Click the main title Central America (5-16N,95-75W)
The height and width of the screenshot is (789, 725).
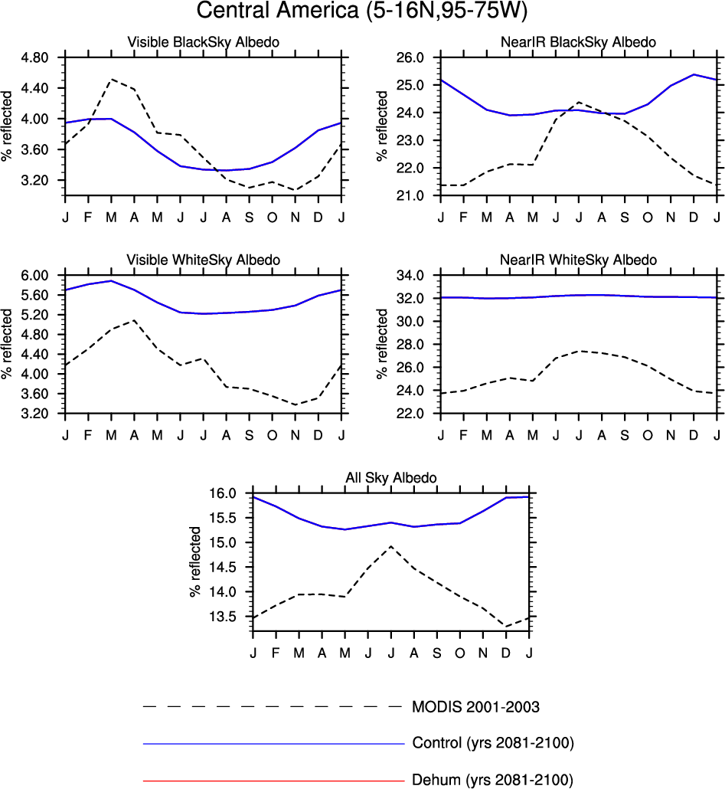pyautogui.click(x=362, y=12)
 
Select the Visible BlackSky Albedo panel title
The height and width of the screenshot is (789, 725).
pyautogui.click(x=203, y=42)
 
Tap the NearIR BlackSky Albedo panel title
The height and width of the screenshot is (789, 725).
pyautogui.click(x=580, y=42)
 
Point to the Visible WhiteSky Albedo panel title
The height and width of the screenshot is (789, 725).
pyautogui.click(x=203, y=260)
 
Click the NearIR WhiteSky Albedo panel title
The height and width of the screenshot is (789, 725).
pyautogui.click(x=580, y=260)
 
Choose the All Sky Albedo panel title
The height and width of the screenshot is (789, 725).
pyautogui.click(x=391, y=478)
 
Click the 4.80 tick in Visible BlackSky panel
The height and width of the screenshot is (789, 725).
pyautogui.click(x=35, y=57)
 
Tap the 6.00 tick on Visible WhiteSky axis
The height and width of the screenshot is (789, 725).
pyautogui.click(x=35, y=275)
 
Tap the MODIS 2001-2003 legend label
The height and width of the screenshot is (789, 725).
pyautogui.click(x=481, y=706)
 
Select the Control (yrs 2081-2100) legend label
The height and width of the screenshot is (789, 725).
pyautogui.click(x=493, y=743)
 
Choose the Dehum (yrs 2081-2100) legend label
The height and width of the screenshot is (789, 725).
pyautogui.click(x=492, y=781)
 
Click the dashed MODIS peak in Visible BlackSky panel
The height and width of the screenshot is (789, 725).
pyautogui.click(x=112, y=79)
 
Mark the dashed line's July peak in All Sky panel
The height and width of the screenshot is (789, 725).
pyautogui.click(x=391, y=546)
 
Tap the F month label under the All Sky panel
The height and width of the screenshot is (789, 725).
pyautogui.click(x=276, y=652)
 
